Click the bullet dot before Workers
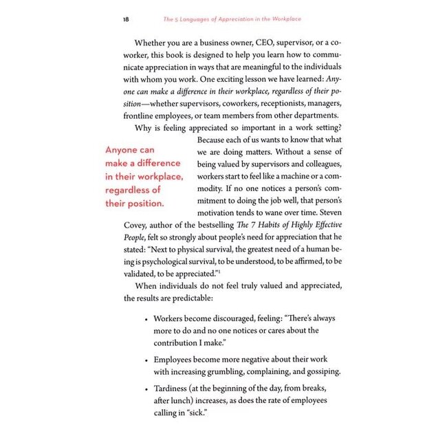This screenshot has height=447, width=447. click(146, 320)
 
